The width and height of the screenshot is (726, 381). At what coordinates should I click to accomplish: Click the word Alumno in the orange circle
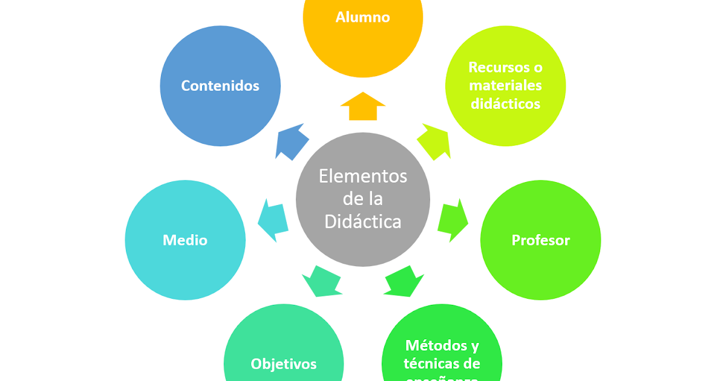point(362,17)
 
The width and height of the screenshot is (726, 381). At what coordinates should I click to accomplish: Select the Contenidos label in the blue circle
point(220,86)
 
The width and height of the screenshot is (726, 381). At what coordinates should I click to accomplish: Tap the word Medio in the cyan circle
point(185,240)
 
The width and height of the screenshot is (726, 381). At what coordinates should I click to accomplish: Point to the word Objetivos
point(284,364)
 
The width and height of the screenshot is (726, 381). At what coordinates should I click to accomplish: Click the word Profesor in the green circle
point(541,240)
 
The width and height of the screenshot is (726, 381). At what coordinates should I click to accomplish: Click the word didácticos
point(505,104)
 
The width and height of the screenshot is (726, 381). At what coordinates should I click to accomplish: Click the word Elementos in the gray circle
point(363,177)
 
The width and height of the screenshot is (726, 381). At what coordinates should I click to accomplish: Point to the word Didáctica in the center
point(363,222)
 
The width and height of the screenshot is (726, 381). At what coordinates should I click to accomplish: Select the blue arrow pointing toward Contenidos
point(291,142)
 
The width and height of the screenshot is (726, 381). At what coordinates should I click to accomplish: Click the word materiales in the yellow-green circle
point(505,86)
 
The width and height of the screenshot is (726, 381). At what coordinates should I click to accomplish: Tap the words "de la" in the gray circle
point(363,199)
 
